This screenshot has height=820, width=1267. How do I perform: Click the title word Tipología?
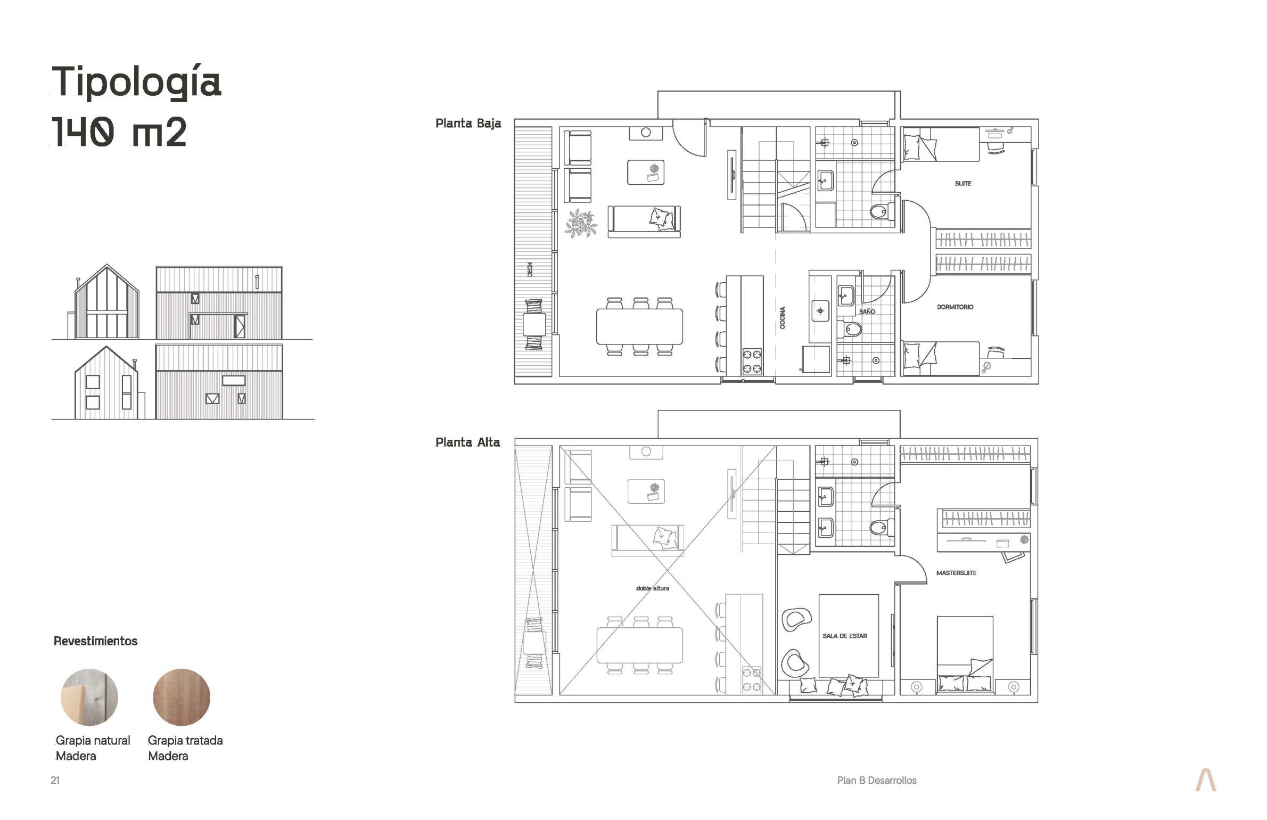pos(136,83)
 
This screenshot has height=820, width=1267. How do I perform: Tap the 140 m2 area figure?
pos(119,132)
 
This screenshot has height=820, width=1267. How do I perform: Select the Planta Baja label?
pos(468,124)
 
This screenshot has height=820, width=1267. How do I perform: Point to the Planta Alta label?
pos(467,442)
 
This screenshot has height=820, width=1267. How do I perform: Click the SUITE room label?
pos(963,183)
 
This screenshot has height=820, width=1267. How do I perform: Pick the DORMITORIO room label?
pos(955,307)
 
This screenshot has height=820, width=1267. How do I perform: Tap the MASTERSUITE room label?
pos(956,573)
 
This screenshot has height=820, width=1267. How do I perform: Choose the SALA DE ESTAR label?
pos(844,636)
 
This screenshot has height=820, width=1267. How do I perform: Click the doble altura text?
pos(653,588)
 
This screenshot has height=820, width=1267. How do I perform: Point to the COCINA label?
pos(783,317)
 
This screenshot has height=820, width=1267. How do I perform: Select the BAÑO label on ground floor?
pos(867,311)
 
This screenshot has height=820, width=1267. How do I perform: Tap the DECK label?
pos(530,269)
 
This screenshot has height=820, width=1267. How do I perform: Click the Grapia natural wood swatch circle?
pos(89,697)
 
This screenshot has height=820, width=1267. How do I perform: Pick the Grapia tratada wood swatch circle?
pos(182,697)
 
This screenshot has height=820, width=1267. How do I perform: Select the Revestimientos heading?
pos(95,641)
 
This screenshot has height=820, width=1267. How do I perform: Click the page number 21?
pos(55,780)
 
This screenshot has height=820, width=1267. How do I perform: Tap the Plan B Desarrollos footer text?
pos(877,780)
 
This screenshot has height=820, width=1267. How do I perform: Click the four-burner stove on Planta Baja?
pos(752,362)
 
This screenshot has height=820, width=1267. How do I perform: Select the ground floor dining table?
pos(639,326)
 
